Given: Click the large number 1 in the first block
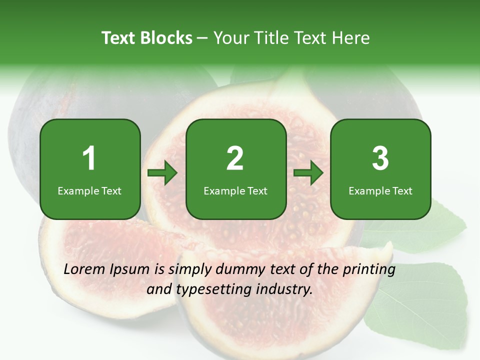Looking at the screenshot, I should pos(89,158).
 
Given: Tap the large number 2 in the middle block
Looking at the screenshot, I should pos(235,158).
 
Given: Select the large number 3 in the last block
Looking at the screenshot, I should pos(380,158).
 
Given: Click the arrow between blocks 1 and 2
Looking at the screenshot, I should pos(162,173).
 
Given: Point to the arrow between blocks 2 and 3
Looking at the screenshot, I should pos(308,173).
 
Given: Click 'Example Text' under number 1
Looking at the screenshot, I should pos(89,191).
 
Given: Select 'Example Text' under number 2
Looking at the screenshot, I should pos(235,191).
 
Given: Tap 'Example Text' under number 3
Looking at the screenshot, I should pos(380,191).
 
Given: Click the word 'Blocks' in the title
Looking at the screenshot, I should pos(165,38).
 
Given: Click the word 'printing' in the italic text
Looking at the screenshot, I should pos(368,270).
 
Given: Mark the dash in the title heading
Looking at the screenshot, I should pos(202,38).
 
